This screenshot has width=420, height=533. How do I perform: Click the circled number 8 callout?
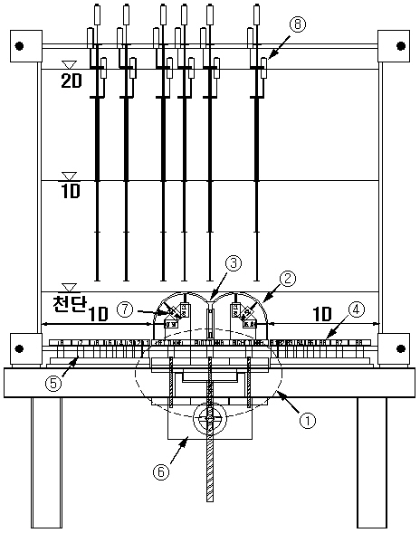click(x=298, y=24)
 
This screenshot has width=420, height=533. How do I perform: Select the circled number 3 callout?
click(x=234, y=263)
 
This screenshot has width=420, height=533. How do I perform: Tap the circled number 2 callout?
click(x=288, y=279)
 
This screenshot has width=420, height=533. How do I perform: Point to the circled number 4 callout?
click(x=357, y=309)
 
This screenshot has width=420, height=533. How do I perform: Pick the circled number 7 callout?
click(x=125, y=309)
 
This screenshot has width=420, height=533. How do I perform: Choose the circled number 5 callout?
click(x=53, y=384)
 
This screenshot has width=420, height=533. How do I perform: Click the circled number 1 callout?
click(x=308, y=421)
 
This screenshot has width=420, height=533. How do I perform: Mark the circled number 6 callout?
click(x=161, y=471)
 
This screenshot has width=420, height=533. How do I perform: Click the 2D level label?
click(x=72, y=81)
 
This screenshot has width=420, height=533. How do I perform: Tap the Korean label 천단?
click(x=70, y=303)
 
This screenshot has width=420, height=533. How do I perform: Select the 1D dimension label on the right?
click(x=321, y=314)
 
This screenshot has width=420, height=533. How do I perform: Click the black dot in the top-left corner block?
click(x=19, y=46)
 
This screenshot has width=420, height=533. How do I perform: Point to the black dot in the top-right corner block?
click(x=401, y=45)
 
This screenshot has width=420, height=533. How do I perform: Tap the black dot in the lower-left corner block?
click(x=19, y=348)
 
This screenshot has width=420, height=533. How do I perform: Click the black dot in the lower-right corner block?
click(x=401, y=348)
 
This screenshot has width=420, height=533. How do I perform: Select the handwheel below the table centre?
click(x=209, y=418)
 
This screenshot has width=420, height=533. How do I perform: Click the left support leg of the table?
click(x=46, y=462)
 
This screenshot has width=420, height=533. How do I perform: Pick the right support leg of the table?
click(x=372, y=462)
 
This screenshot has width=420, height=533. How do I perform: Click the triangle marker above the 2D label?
click(x=69, y=65)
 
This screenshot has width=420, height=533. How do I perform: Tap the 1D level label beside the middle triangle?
click(x=71, y=191)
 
